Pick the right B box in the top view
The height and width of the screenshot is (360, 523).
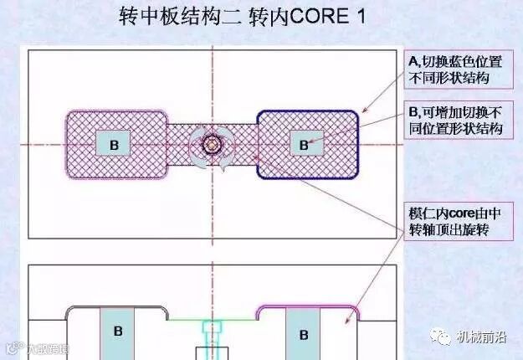[304, 143]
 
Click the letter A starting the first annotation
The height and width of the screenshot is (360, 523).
[412, 61]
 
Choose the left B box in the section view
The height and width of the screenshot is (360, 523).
[118, 332]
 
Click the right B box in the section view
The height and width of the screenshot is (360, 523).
[304, 332]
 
